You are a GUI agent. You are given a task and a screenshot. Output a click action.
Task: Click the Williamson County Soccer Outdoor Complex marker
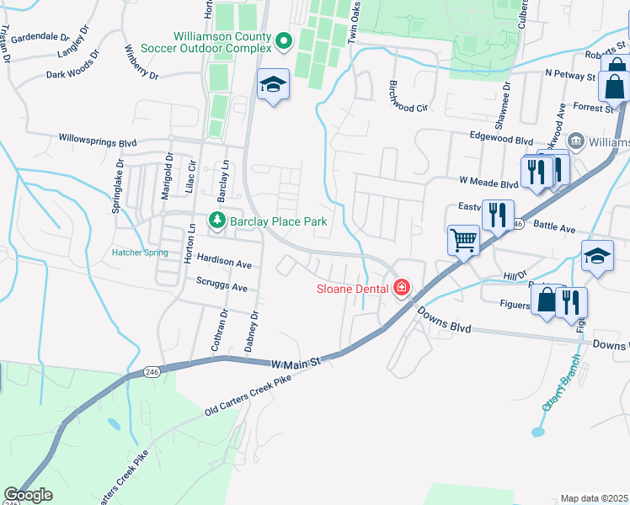click(284, 40)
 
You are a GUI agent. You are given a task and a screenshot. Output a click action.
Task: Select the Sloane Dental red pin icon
click(402, 289)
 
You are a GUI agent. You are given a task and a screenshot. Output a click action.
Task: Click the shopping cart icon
click(463, 242)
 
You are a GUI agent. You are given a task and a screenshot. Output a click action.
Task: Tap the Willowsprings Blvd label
click(98, 138)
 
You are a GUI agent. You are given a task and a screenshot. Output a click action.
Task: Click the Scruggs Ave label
click(222, 285)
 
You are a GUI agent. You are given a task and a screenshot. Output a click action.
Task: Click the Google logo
click(28, 495)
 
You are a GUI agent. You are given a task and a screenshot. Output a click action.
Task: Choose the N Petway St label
click(570, 75)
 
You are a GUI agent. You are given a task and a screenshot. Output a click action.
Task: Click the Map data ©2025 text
click(594, 498)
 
